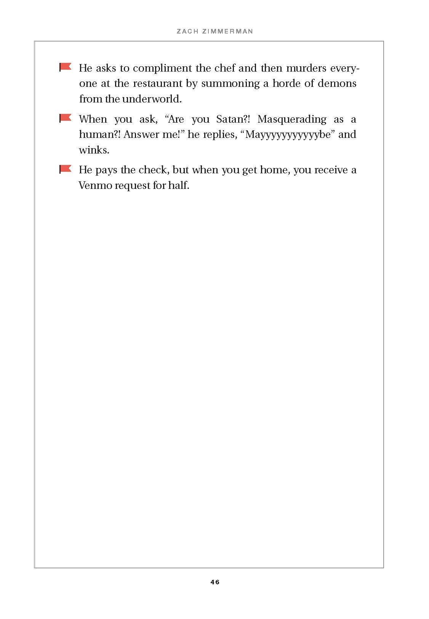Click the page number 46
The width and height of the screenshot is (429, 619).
[x=214, y=582]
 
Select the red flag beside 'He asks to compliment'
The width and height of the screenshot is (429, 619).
[x=66, y=67]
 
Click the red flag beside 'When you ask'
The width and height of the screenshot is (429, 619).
[x=66, y=118]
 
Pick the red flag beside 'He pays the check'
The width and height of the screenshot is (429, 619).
[x=66, y=169]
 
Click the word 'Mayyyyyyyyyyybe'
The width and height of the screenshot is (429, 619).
[x=288, y=135]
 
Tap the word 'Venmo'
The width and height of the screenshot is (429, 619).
[x=95, y=186]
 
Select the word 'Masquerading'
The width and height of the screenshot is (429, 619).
[x=292, y=119]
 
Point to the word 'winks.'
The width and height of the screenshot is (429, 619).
[x=94, y=150]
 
